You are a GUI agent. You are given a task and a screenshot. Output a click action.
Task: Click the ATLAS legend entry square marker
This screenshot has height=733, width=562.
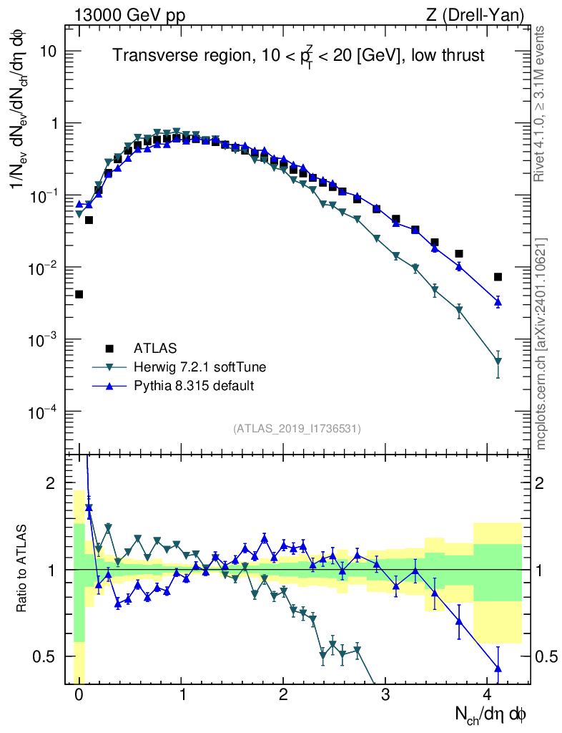(109, 349)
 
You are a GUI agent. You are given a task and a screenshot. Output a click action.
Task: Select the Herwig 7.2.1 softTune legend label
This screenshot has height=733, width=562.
(200, 367)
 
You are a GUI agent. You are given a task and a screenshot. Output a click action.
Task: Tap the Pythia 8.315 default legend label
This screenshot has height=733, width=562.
(194, 386)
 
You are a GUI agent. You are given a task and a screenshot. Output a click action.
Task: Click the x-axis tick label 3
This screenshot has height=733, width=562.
(385, 695)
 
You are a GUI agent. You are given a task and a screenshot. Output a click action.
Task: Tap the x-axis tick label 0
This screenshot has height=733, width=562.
(79, 695)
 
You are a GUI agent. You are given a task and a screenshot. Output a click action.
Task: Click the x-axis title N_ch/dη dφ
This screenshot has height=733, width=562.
(491, 714)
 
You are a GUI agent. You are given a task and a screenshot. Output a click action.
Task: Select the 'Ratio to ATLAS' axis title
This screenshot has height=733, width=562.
(22, 569)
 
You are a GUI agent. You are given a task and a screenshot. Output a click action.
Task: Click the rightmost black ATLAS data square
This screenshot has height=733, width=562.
(498, 277)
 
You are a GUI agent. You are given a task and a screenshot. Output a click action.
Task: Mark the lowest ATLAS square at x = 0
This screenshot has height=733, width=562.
(79, 294)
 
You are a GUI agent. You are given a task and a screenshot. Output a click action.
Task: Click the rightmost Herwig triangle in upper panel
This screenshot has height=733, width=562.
(498, 361)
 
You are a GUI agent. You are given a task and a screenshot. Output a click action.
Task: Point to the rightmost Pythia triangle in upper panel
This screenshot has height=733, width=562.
(498, 302)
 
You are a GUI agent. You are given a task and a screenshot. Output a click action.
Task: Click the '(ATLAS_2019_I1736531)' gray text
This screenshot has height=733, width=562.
(297, 429)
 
